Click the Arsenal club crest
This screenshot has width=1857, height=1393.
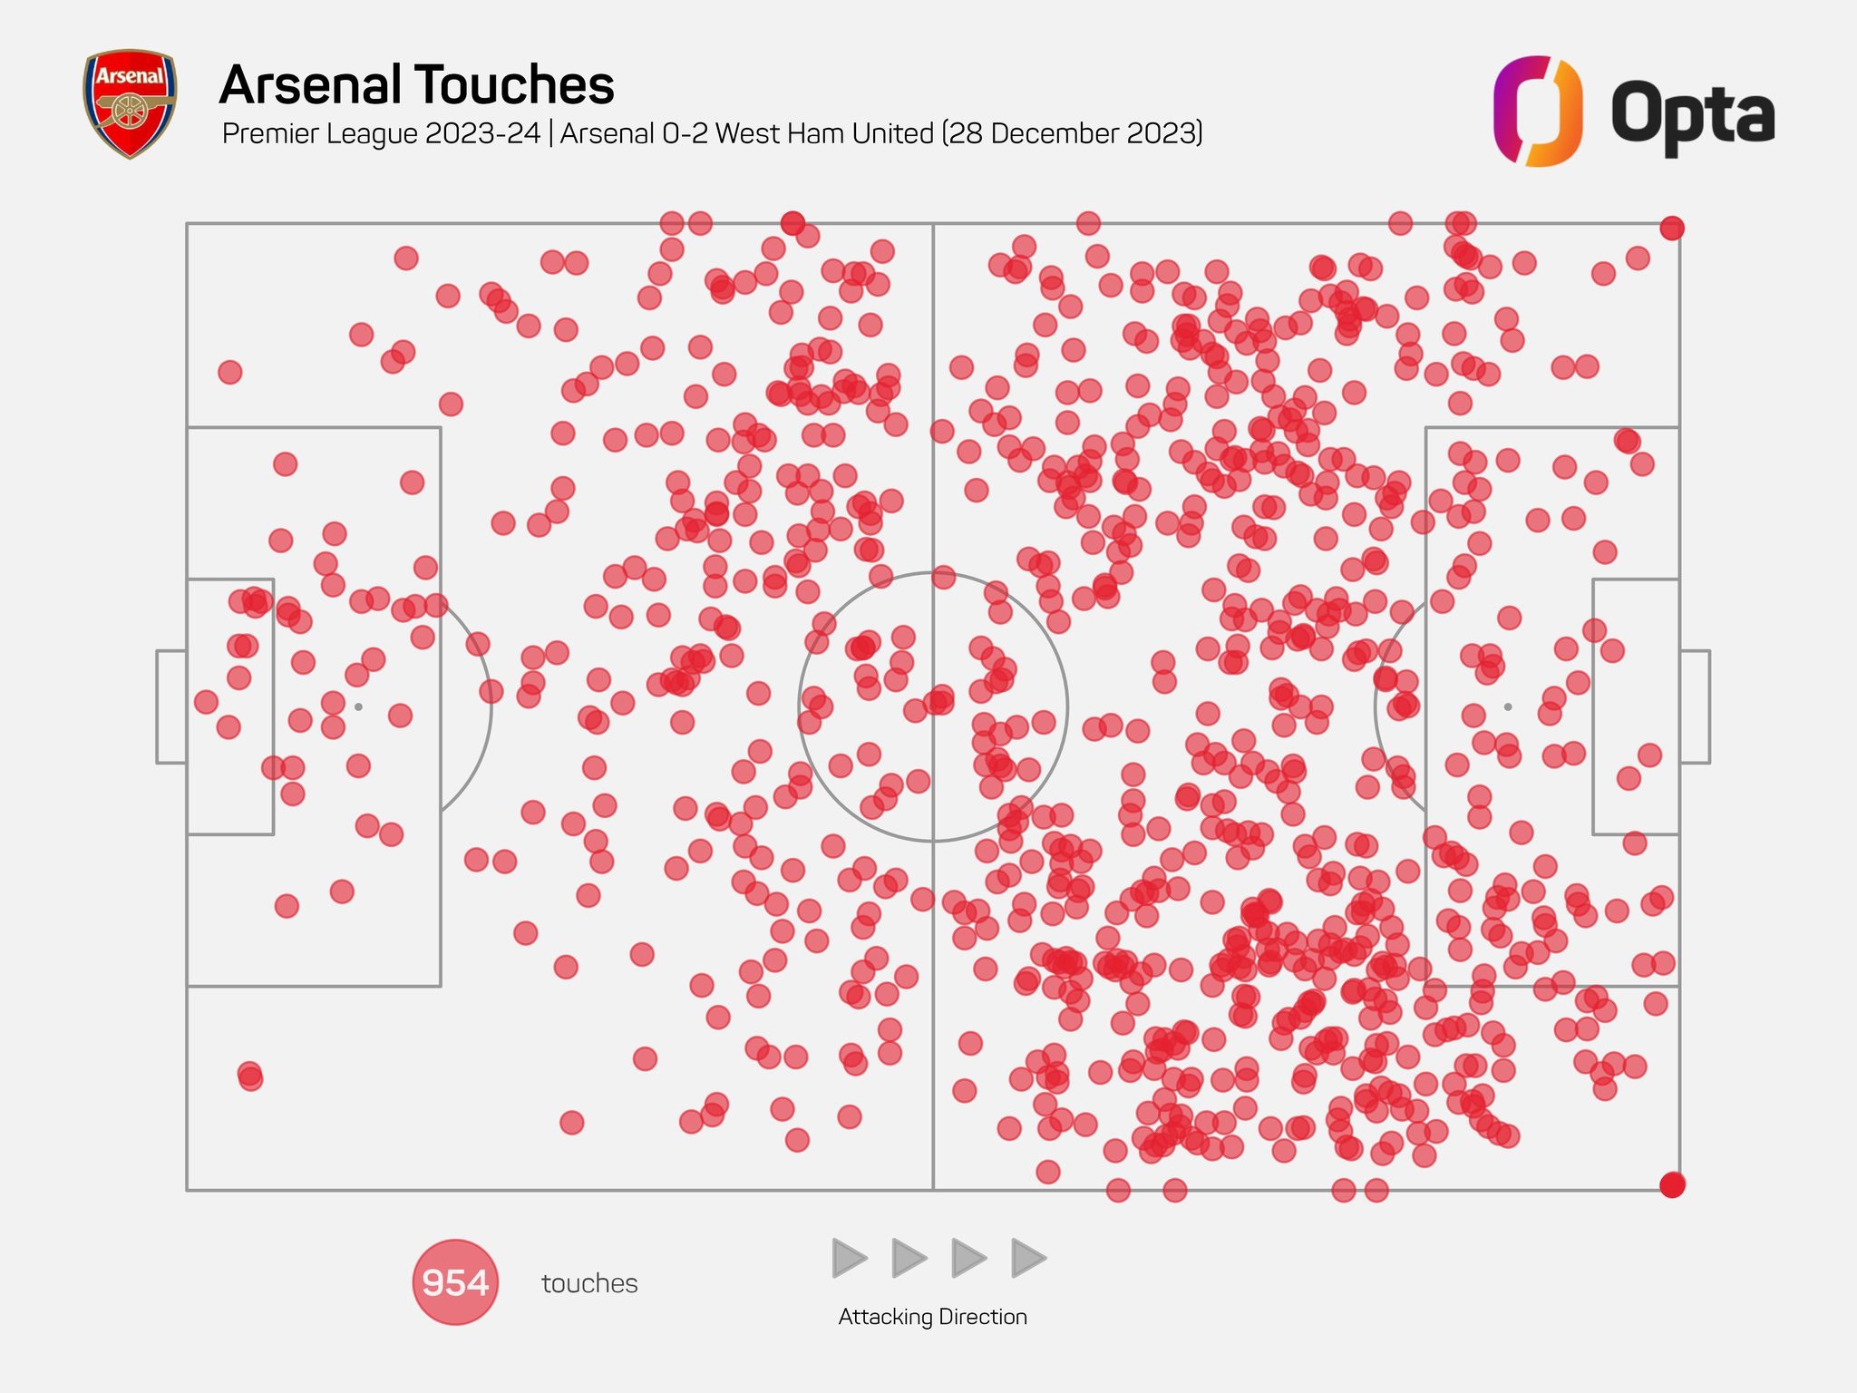click(x=130, y=103)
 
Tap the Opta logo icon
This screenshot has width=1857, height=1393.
click(x=1538, y=111)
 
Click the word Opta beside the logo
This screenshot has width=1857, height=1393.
click(x=1692, y=114)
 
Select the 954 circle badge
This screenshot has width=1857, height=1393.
click(x=455, y=1282)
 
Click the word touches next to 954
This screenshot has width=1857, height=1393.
click(x=589, y=1283)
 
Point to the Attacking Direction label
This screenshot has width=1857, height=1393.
click(x=932, y=1317)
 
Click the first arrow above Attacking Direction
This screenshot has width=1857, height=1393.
click(x=849, y=1258)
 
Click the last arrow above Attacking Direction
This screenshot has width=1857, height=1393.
click(x=1028, y=1258)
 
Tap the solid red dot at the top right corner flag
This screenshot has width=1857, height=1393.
click(x=1672, y=229)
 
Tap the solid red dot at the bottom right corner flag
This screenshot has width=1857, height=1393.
click(x=1672, y=1184)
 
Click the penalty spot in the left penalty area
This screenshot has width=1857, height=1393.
click(x=359, y=706)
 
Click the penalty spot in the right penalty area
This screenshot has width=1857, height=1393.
click(x=1508, y=706)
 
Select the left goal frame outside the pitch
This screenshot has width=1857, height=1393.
click(x=170, y=706)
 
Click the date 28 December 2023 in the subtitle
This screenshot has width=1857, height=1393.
click(x=1073, y=133)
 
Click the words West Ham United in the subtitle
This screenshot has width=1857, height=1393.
click(x=824, y=133)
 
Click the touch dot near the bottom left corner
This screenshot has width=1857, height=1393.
click(x=249, y=1076)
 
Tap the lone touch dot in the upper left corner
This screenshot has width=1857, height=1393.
click(x=229, y=372)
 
